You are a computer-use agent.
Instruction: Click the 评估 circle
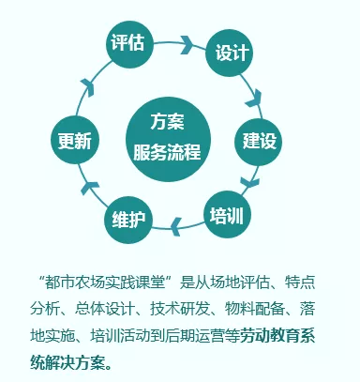[127, 42]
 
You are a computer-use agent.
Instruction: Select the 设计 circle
[231, 52]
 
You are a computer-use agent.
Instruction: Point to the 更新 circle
[73, 142]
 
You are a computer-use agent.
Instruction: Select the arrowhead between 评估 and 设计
[187, 43]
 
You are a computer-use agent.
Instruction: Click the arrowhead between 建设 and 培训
[249, 181]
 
